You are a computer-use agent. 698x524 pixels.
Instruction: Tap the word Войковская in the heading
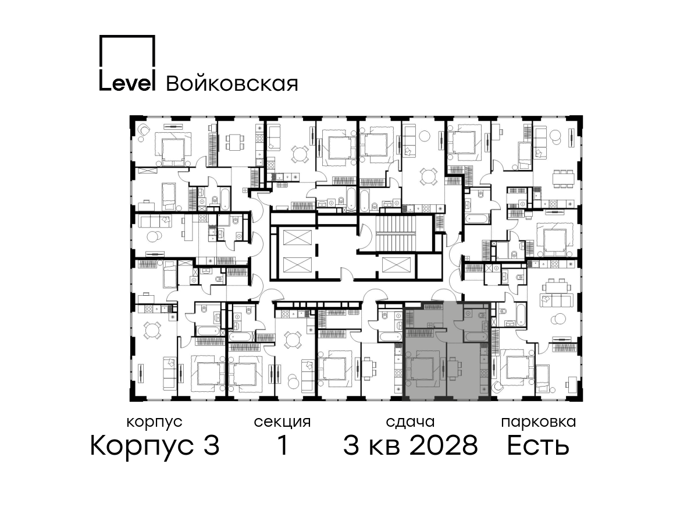point(232,84)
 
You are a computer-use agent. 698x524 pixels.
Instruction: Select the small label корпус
point(154,423)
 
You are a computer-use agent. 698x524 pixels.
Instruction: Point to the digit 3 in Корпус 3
point(211,446)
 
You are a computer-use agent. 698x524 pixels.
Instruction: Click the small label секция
point(282,423)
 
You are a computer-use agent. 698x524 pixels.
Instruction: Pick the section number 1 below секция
point(282,445)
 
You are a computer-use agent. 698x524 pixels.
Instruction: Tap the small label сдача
point(410,423)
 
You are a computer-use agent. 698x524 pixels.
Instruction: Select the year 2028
point(444,446)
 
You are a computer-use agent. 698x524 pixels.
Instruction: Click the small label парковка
point(539,423)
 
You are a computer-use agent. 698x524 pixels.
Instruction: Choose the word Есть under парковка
point(537,446)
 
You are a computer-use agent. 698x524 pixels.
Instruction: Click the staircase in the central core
point(396,235)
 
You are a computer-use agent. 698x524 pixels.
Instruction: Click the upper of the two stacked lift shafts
point(297,238)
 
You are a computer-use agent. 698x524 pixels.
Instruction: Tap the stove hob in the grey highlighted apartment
point(484,372)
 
